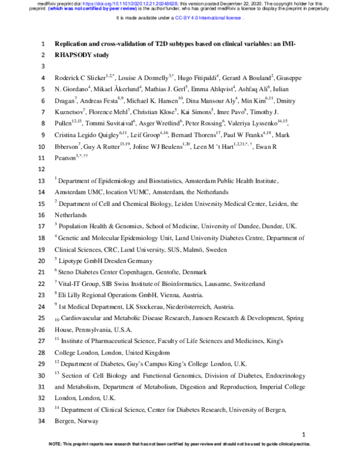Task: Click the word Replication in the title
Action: pyautogui.click(x=74, y=44)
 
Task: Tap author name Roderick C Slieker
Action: pyautogui.click(x=80, y=78)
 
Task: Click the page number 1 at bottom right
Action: pyautogui.click(x=304, y=434)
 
